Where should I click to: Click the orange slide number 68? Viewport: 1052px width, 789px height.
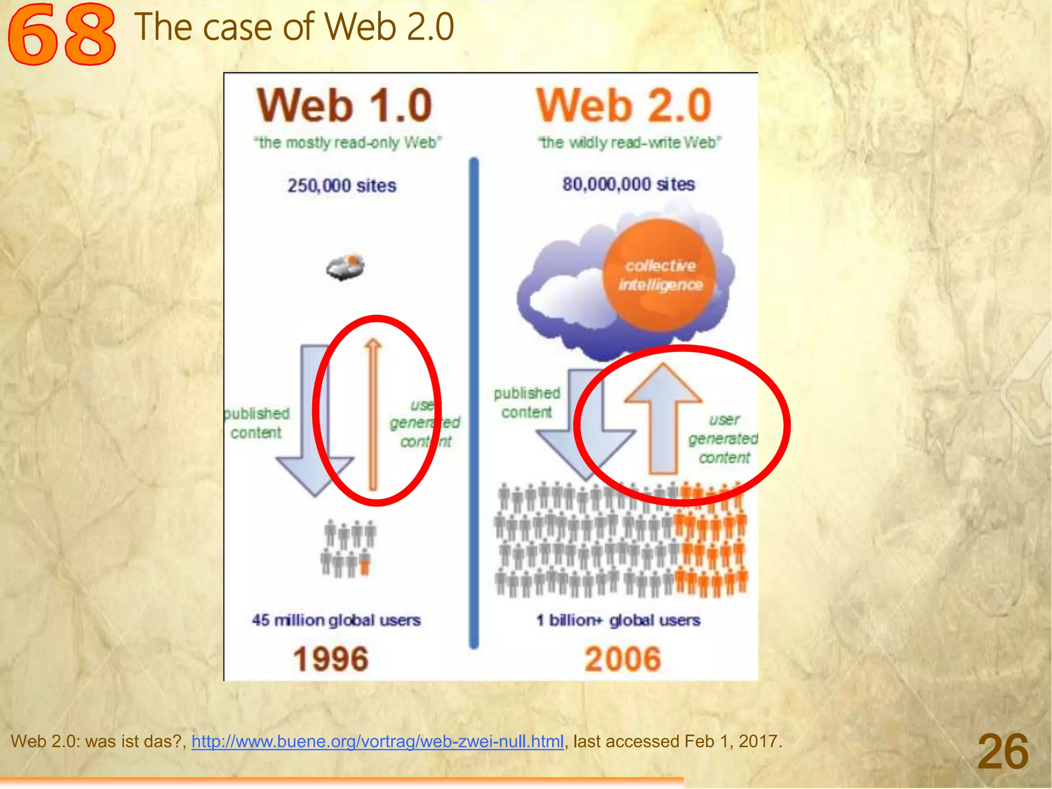coord(62,35)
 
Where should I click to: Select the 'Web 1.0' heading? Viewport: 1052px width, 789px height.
coord(345,105)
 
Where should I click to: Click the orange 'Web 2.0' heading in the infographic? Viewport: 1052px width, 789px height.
coord(624,105)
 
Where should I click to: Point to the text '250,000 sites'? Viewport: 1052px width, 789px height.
coord(342,185)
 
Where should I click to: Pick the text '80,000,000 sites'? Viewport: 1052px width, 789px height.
coord(628,184)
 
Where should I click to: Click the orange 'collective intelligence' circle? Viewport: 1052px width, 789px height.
coord(660,275)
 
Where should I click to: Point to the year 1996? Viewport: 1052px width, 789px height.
coord(331,659)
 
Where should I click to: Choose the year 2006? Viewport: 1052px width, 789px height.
coord(623,659)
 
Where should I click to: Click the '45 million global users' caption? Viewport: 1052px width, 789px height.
coord(336,620)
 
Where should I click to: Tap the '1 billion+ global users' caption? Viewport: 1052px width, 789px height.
coord(618,620)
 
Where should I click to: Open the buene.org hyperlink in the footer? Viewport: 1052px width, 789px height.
coord(378,741)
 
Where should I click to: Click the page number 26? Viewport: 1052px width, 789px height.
coord(1003,752)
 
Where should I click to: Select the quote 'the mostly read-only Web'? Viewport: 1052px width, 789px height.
coord(348,142)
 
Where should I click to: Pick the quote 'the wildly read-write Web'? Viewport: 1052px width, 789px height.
coord(629,142)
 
